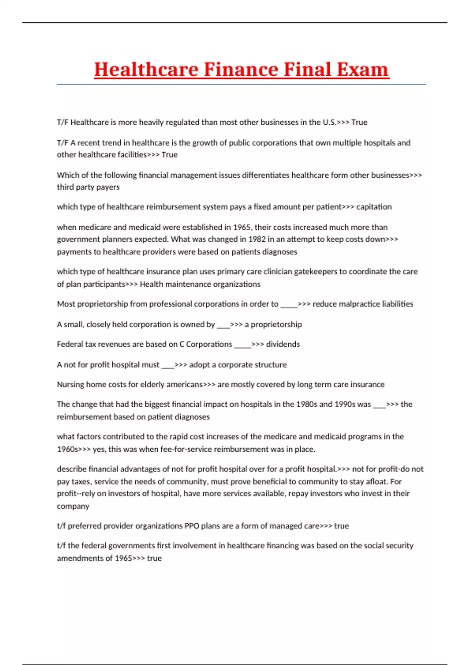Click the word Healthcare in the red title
(146, 70)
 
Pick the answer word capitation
(374, 207)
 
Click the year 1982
(257, 239)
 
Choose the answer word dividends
(283, 344)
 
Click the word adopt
(199, 365)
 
